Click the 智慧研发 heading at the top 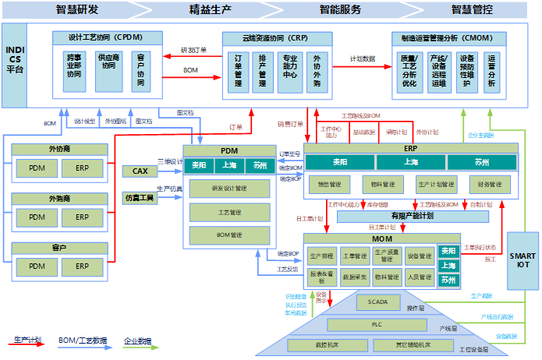coord(78,9)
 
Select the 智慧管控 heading coord(473,9)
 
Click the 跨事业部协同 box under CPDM coord(74,71)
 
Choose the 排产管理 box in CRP coord(263,71)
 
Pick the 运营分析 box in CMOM coord(491,71)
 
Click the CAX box coord(140,171)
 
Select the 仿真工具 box coord(140,198)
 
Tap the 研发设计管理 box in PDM coord(229,189)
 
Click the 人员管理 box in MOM coord(419,276)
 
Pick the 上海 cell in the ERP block coord(411,162)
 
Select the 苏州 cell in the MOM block coord(448,279)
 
